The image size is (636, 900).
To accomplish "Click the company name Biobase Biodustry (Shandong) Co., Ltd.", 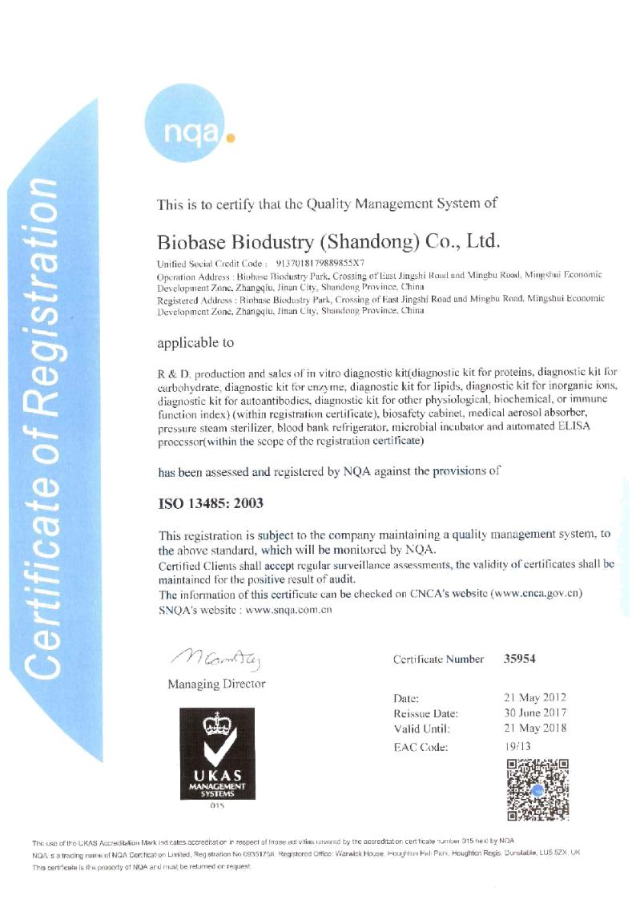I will pos(329,240).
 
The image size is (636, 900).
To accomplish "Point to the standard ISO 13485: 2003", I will pos(211,503).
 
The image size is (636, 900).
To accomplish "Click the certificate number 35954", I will pos(519,659).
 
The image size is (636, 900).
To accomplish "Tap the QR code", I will pos(538,789).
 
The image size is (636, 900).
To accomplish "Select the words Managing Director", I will pos(216,684).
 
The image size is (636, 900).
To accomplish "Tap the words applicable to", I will pos(195,342).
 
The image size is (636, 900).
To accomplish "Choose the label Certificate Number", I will pos(438,659).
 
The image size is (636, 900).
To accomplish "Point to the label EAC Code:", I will pos(421,747).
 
